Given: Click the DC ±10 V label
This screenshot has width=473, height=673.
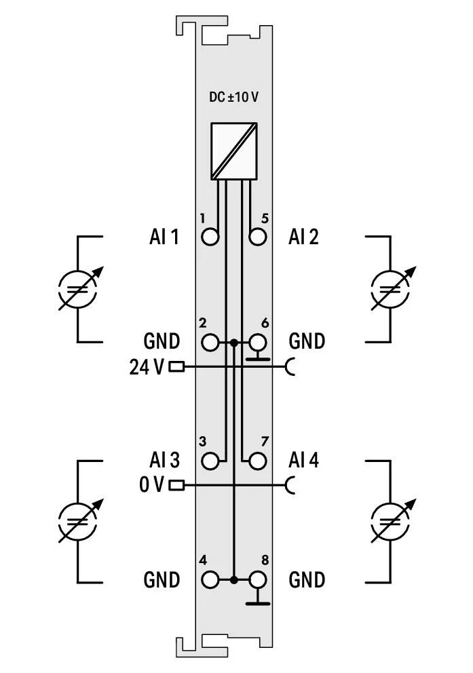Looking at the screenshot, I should [x=233, y=96].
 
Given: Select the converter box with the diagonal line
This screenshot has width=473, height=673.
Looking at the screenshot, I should [x=233, y=151].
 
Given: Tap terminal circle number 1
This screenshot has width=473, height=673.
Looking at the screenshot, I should [x=211, y=237].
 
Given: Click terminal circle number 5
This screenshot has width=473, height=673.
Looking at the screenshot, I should [x=257, y=237].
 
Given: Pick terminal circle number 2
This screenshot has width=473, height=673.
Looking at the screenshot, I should [x=211, y=343].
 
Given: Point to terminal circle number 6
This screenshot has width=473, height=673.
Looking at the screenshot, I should [x=257, y=343].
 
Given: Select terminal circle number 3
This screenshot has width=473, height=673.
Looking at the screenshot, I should [x=211, y=461].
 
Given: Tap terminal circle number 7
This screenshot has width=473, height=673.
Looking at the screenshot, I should [x=257, y=461].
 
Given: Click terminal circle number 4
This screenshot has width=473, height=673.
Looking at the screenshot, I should [x=211, y=580].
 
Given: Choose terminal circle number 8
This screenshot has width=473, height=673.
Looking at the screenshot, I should [x=257, y=580].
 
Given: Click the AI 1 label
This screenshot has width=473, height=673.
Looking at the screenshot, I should [x=164, y=237].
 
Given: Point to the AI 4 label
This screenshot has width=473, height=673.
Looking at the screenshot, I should [x=303, y=461].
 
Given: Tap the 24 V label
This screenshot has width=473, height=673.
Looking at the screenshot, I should [x=146, y=367].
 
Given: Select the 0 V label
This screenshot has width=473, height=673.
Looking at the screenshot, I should [x=151, y=485].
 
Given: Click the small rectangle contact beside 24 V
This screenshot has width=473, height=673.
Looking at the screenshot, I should [x=176, y=367].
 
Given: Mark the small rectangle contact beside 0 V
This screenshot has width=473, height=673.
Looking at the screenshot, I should [x=176, y=485].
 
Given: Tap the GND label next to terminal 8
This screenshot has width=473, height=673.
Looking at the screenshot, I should [x=307, y=580].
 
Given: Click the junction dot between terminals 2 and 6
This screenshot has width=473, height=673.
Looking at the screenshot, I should [x=233, y=343].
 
